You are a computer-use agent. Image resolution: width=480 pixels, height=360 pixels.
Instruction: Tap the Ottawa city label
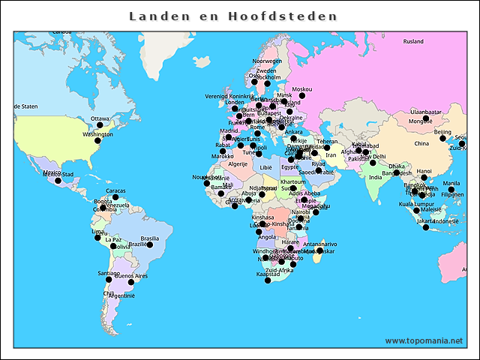click(100, 118)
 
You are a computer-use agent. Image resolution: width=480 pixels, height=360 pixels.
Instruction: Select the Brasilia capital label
click(150, 238)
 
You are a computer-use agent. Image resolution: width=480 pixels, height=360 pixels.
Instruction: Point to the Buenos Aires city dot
click(130, 283)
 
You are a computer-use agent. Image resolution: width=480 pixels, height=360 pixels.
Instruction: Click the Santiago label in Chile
click(109, 273)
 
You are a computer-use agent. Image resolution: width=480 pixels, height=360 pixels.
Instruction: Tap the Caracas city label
click(115, 190)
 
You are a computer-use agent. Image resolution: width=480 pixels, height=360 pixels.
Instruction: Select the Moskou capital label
click(301, 89)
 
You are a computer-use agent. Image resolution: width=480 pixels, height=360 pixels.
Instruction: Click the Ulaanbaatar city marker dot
click(425, 118)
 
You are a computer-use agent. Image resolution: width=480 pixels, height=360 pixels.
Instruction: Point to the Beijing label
click(443, 131)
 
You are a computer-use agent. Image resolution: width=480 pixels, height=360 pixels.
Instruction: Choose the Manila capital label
click(451, 183)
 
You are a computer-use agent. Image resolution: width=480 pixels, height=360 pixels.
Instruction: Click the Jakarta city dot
click(425, 227)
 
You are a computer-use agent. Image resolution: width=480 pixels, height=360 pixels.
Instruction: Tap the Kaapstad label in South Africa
click(268, 274)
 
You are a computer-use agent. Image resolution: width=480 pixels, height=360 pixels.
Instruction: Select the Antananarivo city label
click(320, 244)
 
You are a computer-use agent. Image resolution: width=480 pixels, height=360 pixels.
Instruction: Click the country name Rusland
click(413, 42)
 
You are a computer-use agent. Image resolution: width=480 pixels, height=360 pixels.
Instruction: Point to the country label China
click(421, 143)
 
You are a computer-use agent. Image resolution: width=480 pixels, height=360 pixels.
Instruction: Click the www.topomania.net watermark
click(424, 340)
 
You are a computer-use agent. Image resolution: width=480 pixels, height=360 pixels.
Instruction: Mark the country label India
click(375, 178)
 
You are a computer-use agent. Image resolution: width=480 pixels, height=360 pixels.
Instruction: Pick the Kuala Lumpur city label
click(415, 203)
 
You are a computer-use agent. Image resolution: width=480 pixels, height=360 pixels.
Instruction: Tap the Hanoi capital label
click(424, 171)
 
